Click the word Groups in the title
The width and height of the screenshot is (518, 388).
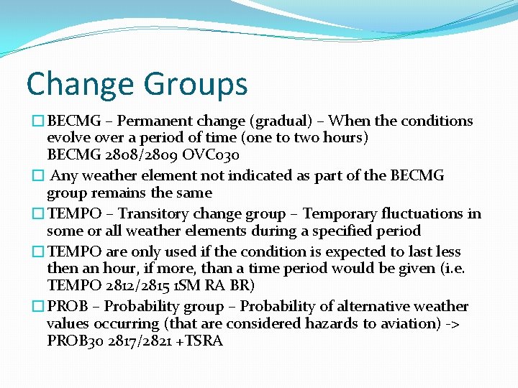(195, 85)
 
